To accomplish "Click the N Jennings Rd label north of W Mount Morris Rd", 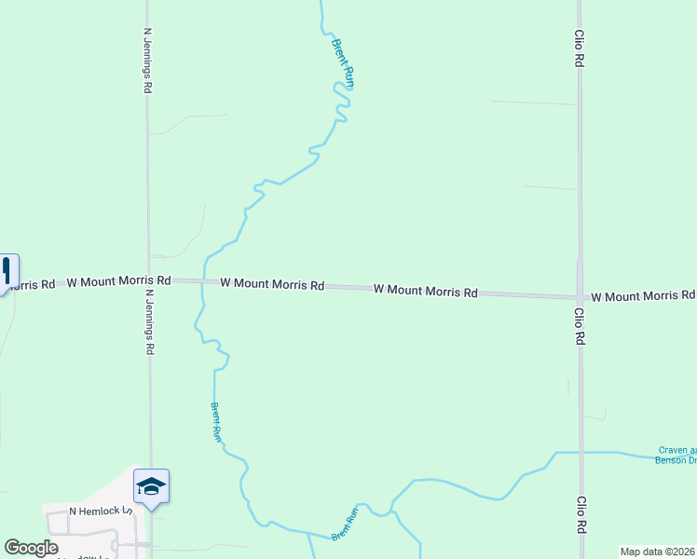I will [x=147, y=61].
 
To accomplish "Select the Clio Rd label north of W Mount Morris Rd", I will [x=579, y=47].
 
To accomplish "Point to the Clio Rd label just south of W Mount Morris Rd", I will [x=579, y=327].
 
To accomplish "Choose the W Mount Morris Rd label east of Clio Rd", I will [x=643, y=295].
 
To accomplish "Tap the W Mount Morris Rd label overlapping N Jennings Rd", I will [x=119, y=279].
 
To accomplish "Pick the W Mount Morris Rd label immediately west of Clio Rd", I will [x=426, y=291].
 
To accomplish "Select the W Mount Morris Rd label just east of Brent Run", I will [x=272, y=284].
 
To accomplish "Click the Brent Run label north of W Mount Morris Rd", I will [x=343, y=62].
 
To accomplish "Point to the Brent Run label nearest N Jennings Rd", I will [x=215, y=421].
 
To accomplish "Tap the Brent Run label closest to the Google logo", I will [x=345, y=525].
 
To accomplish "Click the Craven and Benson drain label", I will [x=676, y=454].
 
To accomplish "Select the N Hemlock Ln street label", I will [x=102, y=511].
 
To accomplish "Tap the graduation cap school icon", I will [x=151, y=485].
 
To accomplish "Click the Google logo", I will [x=32, y=547].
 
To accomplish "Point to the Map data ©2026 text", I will [x=658, y=552].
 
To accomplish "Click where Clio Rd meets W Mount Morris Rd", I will [x=580, y=296].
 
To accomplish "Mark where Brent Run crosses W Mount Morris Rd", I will [x=202, y=281].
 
